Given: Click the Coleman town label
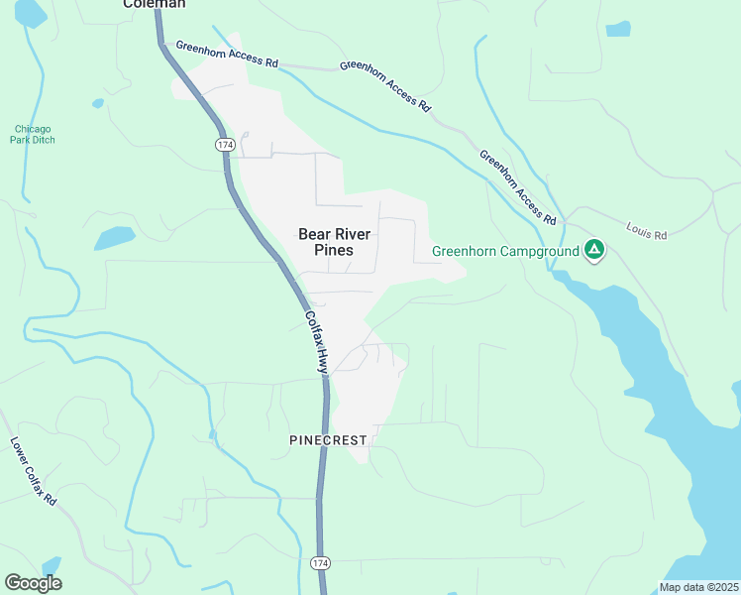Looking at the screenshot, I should pos(154,4).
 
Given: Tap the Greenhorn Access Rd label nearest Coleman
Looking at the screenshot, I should pos(227,53).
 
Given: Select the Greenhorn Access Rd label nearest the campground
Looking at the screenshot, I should pos(518,185).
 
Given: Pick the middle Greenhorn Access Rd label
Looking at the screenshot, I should pos(385,85).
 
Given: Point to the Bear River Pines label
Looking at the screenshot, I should pos(335,242).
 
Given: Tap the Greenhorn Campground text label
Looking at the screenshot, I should pos(505,251).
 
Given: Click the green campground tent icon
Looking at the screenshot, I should pos(594,249).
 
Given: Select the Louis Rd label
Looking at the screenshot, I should pos(647,231).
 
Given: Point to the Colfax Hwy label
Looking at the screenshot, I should pos(315,342).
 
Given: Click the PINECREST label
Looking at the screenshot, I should pos(328,439).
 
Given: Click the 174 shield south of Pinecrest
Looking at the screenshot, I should pos(319,562).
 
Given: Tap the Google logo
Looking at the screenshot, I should pos(33,583).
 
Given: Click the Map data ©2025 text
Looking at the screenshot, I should pos(698,587).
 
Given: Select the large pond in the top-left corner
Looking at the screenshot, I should pos(29,12).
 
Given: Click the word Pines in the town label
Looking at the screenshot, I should pos(334,250).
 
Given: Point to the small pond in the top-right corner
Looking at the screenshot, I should pos(617,29).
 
